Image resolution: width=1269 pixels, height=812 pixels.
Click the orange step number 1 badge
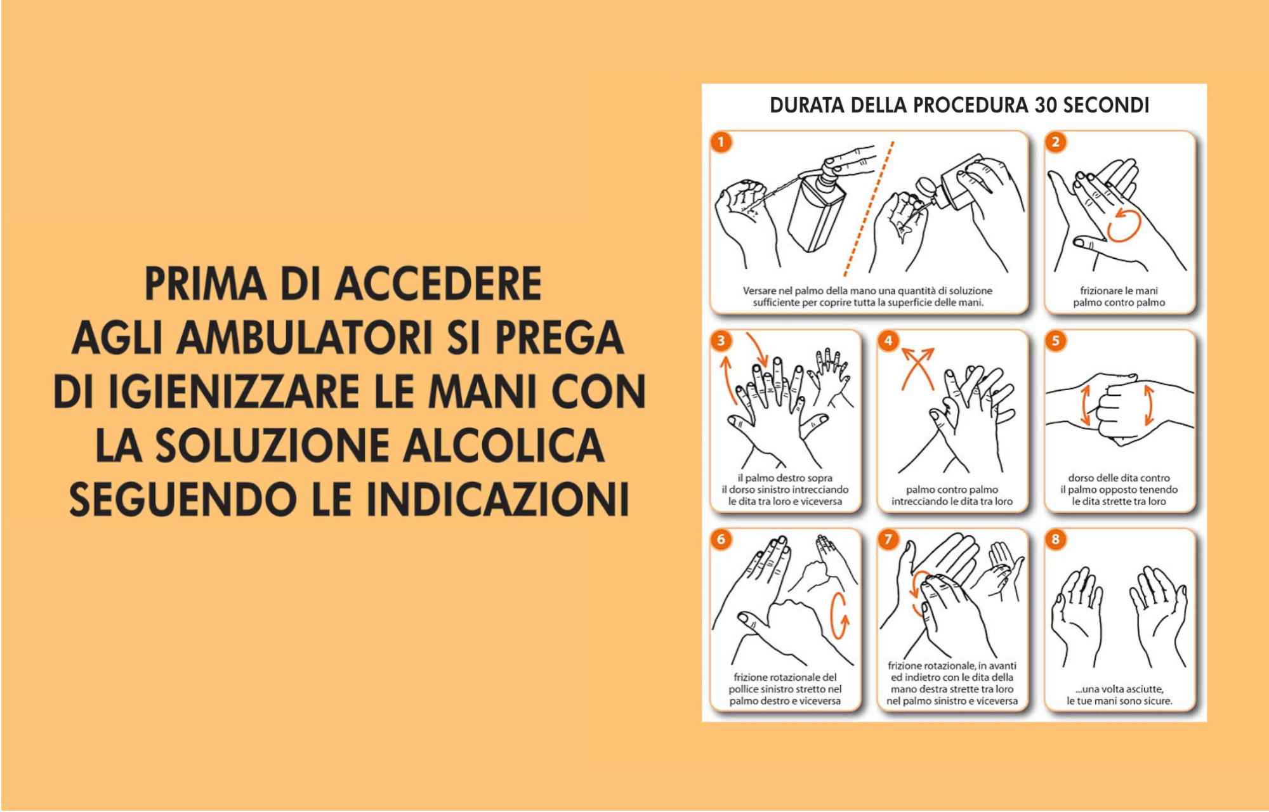click(721, 141)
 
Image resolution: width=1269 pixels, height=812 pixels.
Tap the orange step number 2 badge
click(1056, 141)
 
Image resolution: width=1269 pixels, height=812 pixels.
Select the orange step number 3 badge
click(721, 341)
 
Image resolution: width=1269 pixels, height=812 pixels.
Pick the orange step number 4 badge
click(888, 341)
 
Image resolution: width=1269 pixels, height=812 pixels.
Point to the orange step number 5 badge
click(1056, 341)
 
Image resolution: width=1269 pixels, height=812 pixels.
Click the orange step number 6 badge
click(721, 539)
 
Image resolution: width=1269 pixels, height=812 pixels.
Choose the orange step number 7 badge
click(888, 539)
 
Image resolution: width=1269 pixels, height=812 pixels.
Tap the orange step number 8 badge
click(1056, 539)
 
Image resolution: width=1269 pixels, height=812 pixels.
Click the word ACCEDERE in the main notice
click(438, 284)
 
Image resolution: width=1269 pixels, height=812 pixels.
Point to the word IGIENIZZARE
click(233, 391)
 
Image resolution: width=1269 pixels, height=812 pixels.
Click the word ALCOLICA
click(504, 445)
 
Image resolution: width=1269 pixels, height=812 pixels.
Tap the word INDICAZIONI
click(498, 499)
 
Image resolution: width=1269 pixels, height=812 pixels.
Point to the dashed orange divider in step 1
click(869, 209)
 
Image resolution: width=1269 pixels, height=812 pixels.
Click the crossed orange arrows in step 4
click(918, 368)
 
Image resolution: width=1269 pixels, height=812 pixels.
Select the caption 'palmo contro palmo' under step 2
click(1119, 303)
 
